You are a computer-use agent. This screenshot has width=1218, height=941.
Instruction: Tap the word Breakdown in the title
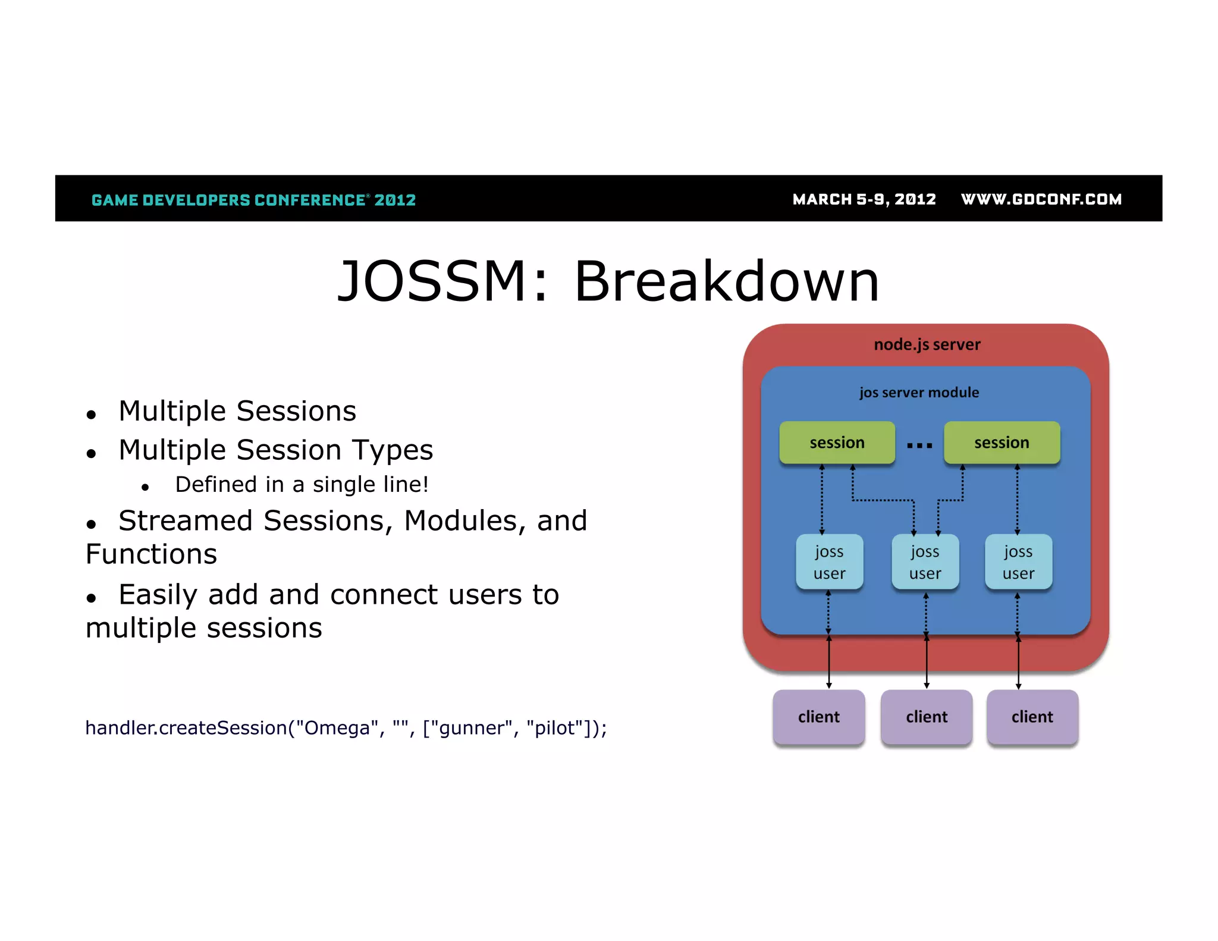[726, 281]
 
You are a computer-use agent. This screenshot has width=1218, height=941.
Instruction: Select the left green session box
[837, 443]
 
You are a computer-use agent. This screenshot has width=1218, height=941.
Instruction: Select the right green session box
[1002, 443]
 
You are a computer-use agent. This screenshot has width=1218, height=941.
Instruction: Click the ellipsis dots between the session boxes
[919, 445]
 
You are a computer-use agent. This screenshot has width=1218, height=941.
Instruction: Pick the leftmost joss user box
[829, 562]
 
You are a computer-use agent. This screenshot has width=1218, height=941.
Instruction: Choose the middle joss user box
[925, 562]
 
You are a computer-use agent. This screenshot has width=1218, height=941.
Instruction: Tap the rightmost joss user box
[1018, 562]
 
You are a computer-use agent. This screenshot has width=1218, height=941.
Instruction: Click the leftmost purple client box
[819, 717]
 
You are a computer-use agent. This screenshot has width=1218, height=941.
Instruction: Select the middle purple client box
[927, 717]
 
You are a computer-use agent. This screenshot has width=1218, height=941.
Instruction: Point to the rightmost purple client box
[1032, 717]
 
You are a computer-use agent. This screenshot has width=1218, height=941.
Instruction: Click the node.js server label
[927, 344]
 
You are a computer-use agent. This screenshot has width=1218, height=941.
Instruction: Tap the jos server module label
[919, 393]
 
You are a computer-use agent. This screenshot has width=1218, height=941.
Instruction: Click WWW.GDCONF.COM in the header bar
[1041, 199]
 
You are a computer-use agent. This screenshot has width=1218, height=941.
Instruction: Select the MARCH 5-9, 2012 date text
[864, 199]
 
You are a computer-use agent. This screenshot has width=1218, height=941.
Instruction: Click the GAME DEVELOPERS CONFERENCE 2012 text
[254, 200]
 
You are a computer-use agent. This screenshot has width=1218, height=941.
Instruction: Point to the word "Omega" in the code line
[338, 728]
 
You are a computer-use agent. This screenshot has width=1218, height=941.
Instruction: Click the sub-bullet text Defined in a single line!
[302, 485]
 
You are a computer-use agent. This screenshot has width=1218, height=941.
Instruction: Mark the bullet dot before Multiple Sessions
[91, 415]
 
